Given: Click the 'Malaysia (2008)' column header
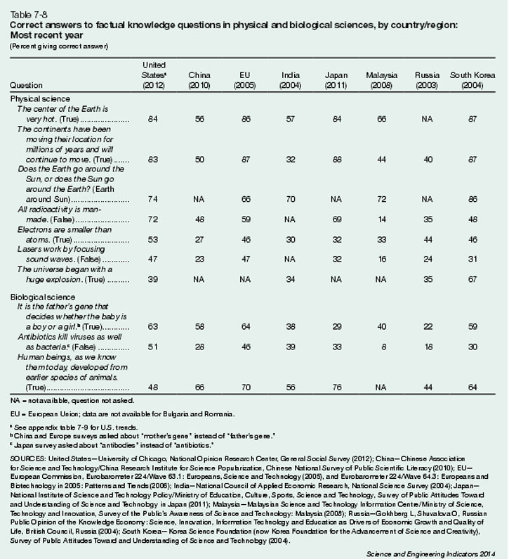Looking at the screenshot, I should [382, 79].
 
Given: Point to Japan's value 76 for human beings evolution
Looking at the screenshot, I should [336, 386].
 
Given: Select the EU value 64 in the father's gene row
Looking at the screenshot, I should [244, 326].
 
